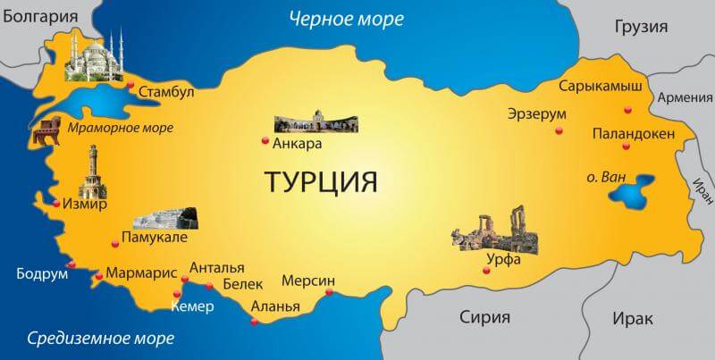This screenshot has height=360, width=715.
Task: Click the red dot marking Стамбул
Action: [131, 87]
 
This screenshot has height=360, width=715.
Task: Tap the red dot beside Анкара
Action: [264, 140]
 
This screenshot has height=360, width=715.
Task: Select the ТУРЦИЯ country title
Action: [321, 181]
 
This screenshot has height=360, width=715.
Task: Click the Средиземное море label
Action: [101, 338]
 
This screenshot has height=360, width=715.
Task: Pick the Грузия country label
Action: [642, 27]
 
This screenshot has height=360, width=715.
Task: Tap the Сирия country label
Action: [484, 317]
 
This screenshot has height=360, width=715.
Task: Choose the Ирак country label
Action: [633, 318]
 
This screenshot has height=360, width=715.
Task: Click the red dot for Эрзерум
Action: [559, 131]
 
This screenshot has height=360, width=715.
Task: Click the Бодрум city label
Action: [42, 273]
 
